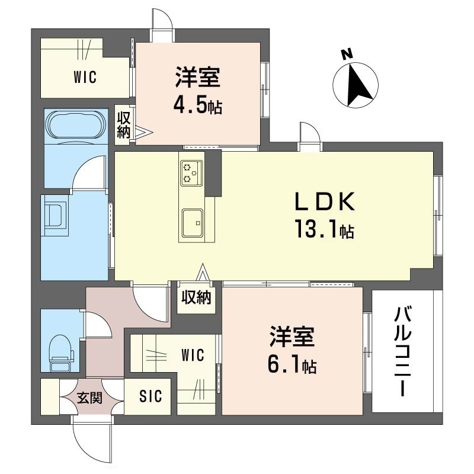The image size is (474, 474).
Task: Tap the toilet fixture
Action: pyautogui.click(x=62, y=353)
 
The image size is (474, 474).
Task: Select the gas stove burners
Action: pyautogui.click(x=191, y=173)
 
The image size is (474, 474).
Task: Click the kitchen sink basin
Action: pyautogui.click(x=192, y=222)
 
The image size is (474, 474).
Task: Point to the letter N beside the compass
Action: pyautogui.click(x=347, y=54)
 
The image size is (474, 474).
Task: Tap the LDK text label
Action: pyautogui.click(x=324, y=201)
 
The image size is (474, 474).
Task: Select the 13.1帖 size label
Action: pyautogui.click(x=324, y=229)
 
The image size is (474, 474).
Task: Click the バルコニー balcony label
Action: pyautogui.click(x=403, y=351)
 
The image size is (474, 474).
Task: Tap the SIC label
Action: pyautogui.click(x=150, y=396)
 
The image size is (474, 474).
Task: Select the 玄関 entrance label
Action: pyautogui.click(x=90, y=398)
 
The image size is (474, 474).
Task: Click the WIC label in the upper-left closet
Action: pyautogui.click(x=85, y=77)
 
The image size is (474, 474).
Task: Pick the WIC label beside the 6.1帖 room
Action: pyautogui.click(x=193, y=355)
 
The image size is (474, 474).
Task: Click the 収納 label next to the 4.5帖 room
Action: pyautogui.click(x=124, y=125)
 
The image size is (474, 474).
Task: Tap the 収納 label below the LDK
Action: pyautogui.click(x=196, y=298)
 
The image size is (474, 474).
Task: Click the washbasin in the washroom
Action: pyautogui.click(x=55, y=216)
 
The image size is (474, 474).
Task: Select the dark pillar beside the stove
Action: pyautogui.click(x=214, y=174)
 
